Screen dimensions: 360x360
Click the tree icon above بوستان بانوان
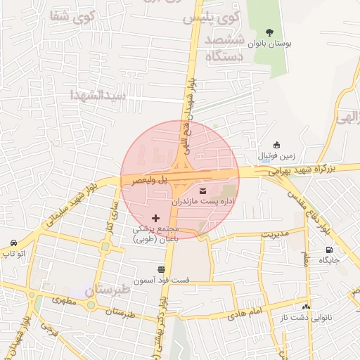point(270,32)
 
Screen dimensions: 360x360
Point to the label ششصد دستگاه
point(224,48)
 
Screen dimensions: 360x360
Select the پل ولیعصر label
point(152,180)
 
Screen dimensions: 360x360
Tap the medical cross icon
point(155,219)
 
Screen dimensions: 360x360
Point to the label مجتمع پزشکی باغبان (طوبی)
point(156,234)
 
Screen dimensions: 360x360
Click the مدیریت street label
point(276,233)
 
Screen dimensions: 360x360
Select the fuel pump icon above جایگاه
point(328,250)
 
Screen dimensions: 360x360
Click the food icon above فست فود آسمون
point(162,269)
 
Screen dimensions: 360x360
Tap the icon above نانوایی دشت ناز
point(306,307)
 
